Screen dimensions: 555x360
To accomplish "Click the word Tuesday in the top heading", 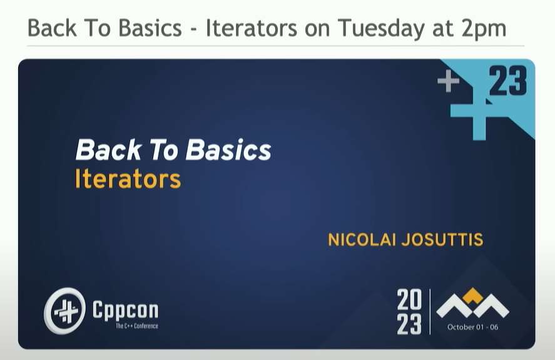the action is [381, 29].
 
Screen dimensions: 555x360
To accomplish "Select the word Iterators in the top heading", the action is [252, 28].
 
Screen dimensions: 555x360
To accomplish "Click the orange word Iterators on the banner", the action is [128, 179].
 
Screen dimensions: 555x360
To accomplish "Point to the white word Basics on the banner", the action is [228, 150].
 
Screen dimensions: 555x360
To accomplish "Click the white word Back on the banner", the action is [109, 150].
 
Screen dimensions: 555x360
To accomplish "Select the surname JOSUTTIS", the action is [442, 240].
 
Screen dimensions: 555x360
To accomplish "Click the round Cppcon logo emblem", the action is [65, 311].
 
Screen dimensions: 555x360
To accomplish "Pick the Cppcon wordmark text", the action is [125, 310].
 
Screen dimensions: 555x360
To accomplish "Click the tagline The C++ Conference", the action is [137, 326].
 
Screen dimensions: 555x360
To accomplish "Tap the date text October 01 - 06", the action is [472, 327].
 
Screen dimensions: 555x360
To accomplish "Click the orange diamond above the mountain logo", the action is [472, 295].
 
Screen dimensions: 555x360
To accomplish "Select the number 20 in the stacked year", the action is [409, 299].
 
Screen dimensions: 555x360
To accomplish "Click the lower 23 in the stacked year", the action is [409, 324].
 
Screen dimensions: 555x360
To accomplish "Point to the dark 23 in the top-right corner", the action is [508, 81].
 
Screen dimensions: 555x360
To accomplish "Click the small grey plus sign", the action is [449, 81].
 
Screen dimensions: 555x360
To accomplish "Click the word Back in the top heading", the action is [52, 28].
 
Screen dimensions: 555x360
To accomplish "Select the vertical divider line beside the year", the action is [430, 312].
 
